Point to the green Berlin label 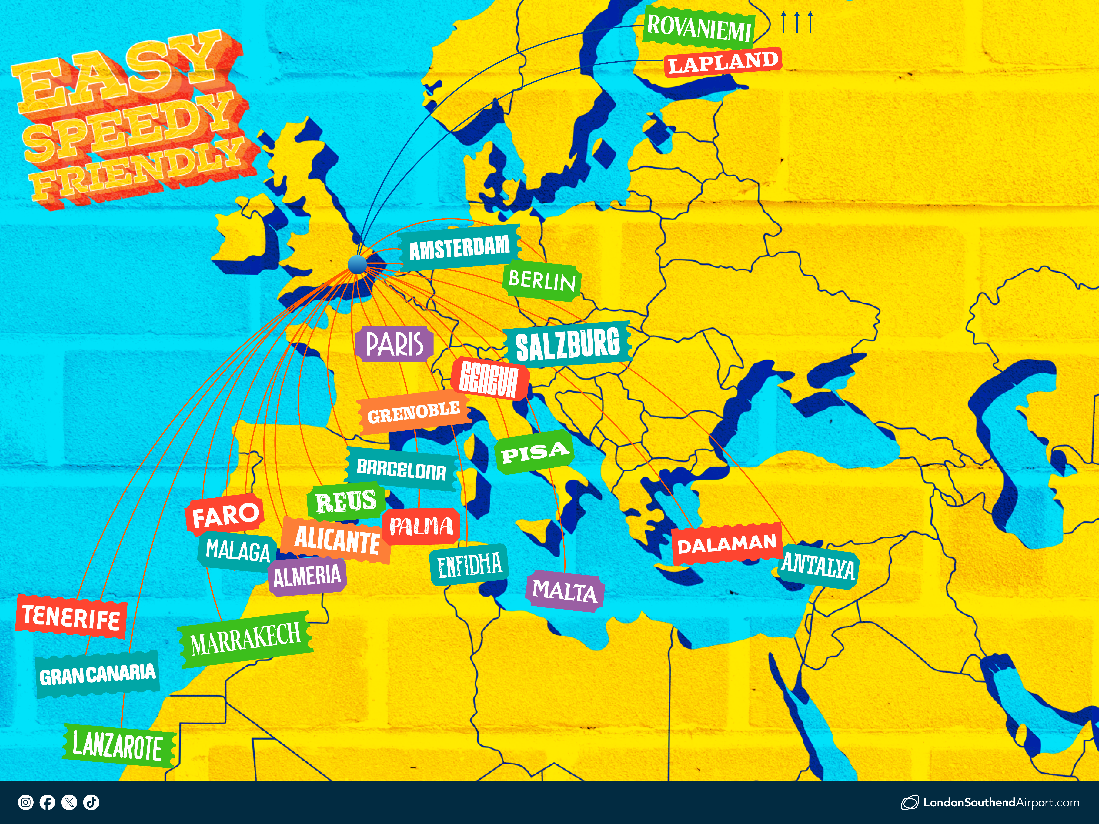pos(542,281)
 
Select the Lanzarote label pos(118,745)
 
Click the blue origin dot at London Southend pos(357,264)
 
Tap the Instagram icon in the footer pos(25,802)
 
